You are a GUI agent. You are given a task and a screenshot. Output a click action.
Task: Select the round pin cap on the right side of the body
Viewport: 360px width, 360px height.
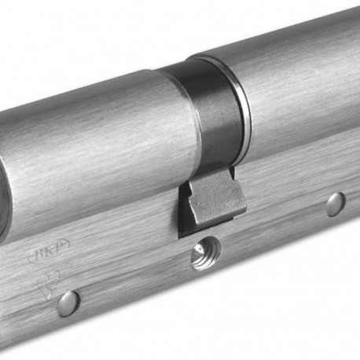(x=336, y=204)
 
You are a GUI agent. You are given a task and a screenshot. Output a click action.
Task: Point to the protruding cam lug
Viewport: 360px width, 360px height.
(x=214, y=202)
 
